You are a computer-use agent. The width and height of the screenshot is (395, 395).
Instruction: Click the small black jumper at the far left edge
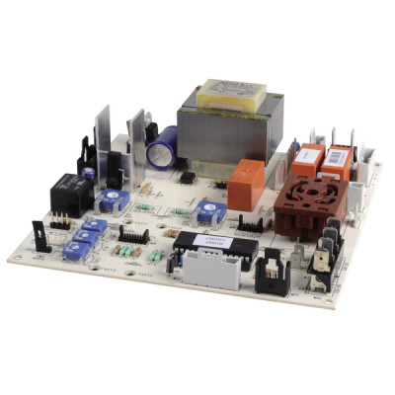[39, 238]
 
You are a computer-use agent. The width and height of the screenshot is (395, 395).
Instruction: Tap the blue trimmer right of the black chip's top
[208, 211]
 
